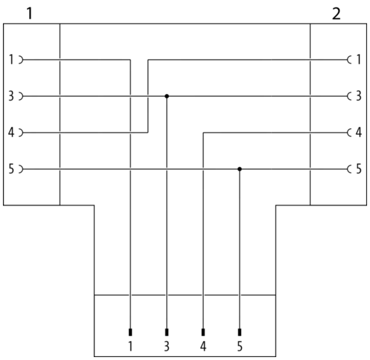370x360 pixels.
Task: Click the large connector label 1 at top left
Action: [x=29, y=14]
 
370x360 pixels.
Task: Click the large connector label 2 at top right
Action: [x=336, y=14]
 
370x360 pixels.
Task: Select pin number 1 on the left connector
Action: [x=12, y=60]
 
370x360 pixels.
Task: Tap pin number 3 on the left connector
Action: [x=11, y=96]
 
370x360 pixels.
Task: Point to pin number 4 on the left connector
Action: [x=11, y=133]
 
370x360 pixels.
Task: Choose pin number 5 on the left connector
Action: [x=12, y=169]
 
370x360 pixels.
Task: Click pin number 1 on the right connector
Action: [x=358, y=60]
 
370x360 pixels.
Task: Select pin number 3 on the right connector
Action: [x=358, y=96]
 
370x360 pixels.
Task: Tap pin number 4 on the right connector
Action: [x=358, y=133]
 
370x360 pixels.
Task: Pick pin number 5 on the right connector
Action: [x=358, y=169]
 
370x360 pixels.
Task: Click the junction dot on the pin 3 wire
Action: [x=167, y=96]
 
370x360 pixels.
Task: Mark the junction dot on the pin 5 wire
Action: [x=240, y=169]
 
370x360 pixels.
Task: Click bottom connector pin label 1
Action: [x=130, y=346]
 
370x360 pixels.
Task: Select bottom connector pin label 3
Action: [x=167, y=346]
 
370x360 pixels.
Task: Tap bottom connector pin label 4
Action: [x=203, y=346]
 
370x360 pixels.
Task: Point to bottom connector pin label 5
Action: [x=240, y=346]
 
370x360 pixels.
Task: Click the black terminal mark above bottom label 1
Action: [x=130, y=332]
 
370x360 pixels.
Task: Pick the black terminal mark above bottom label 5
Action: [x=240, y=332]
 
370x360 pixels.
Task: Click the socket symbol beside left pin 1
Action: [x=22, y=60]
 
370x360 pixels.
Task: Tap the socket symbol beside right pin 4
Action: [x=349, y=133]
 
